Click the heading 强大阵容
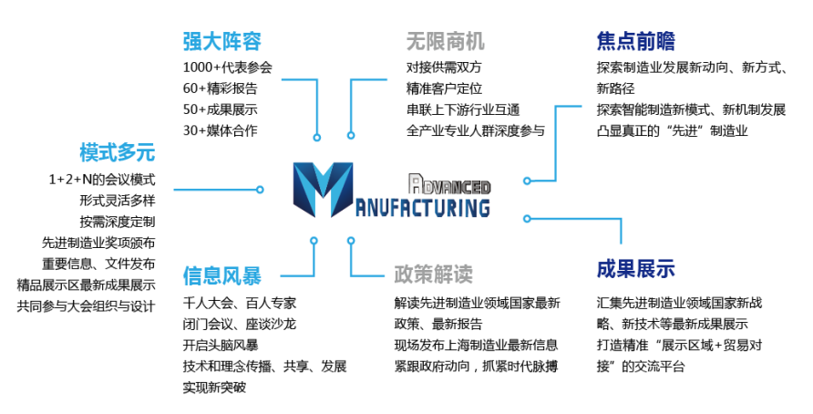click(x=221, y=42)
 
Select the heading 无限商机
click(x=446, y=42)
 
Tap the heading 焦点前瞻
click(x=635, y=42)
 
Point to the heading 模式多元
click(x=118, y=152)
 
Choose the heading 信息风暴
click(x=221, y=276)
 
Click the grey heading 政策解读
click(x=434, y=274)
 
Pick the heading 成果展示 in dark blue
click(x=635, y=269)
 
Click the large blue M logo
click(x=323, y=190)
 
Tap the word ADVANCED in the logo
click(x=449, y=184)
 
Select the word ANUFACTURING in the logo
click(x=422, y=207)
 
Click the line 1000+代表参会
click(x=228, y=67)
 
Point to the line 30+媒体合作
click(x=221, y=130)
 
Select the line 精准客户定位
click(x=445, y=88)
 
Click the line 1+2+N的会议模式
click(x=102, y=180)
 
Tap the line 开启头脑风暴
click(x=221, y=345)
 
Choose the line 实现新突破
click(x=214, y=388)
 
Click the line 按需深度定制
click(x=118, y=222)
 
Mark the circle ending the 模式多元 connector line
click(x=260, y=190)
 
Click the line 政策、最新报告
click(x=438, y=325)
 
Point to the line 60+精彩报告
click(x=221, y=88)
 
